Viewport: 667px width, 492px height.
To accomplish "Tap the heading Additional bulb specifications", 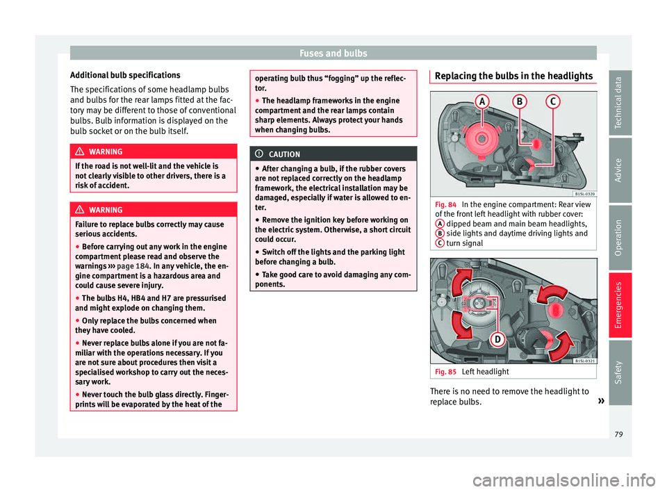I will (x=125, y=74).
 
